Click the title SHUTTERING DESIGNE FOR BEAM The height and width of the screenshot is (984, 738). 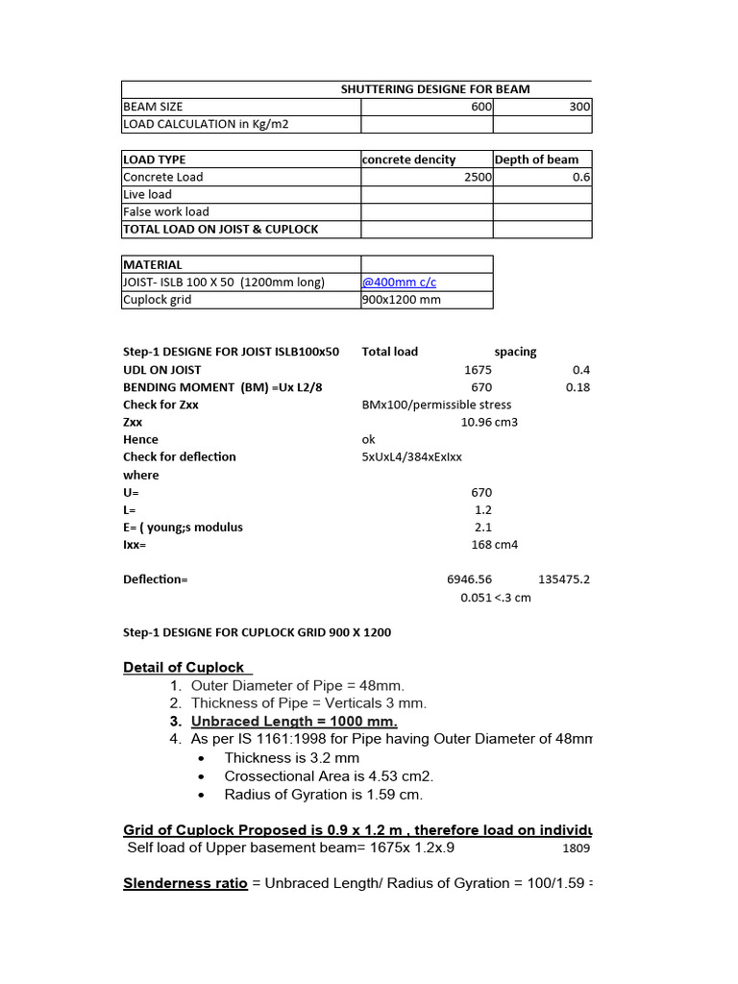click(x=434, y=89)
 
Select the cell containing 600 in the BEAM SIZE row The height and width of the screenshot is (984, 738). click(x=480, y=107)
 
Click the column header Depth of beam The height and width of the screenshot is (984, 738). click(x=536, y=160)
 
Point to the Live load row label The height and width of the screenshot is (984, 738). click(x=147, y=194)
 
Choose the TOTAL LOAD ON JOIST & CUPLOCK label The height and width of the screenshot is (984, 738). click(x=220, y=229)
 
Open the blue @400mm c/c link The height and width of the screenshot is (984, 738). click(x=398, y=282)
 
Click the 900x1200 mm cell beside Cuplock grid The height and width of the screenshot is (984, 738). click(x=401, y=299)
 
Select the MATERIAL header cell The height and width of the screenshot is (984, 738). click(x=153, y=264)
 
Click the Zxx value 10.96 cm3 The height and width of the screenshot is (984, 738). click(x=489, y=422)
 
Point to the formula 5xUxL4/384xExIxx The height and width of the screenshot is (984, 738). click(x=411, y=456)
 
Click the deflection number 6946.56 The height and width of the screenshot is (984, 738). click(x=469, y=579)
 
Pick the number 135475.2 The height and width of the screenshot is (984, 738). click(x=564, y=579)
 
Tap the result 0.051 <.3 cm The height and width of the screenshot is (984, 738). click(x=495, y=597)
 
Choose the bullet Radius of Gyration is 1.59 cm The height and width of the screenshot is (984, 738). click(x=323, y=794)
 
